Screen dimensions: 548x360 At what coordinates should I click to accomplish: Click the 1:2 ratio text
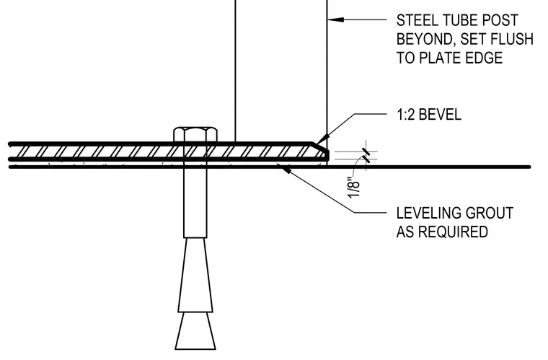point(405,115)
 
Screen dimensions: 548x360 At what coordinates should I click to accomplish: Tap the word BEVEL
point(440,115)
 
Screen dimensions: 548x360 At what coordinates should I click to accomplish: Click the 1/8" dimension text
point(354,188)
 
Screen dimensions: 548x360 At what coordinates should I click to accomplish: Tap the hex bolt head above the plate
point(195,134)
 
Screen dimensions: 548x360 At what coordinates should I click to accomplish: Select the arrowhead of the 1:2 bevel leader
point(323,139)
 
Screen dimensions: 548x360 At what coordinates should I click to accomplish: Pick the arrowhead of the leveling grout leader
point(286,170)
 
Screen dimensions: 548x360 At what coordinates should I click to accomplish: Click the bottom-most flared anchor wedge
point(195,330)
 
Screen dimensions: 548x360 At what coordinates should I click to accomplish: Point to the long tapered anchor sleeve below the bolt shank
point(195,275)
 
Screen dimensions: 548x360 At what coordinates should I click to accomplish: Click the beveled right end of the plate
point(321,151)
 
